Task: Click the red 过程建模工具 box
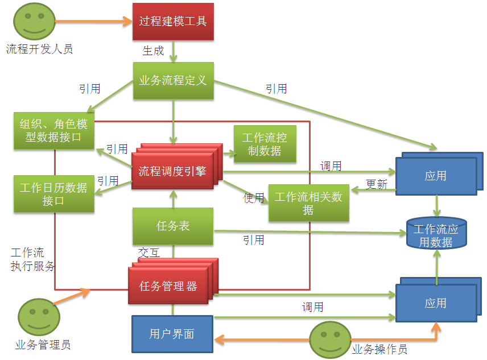tap(173, 22)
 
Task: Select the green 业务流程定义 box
tap(173, 81)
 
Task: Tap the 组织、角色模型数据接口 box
tap(54, 131)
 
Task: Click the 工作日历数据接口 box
tap(53, 194)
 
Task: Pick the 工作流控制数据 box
tap(265, 144)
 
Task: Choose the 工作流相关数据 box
tap(308, 203)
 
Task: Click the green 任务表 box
tap(173, 226)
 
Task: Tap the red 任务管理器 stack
tap(168, 286)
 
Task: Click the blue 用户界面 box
tap(172, 334)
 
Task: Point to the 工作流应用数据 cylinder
tap(436, 234)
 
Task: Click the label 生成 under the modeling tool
tap(153, 51)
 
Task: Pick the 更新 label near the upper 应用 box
tap(376, 184)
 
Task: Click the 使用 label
tap(254, 198)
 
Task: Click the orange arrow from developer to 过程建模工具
tap(93, 22)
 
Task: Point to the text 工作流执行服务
tap(33, 259)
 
